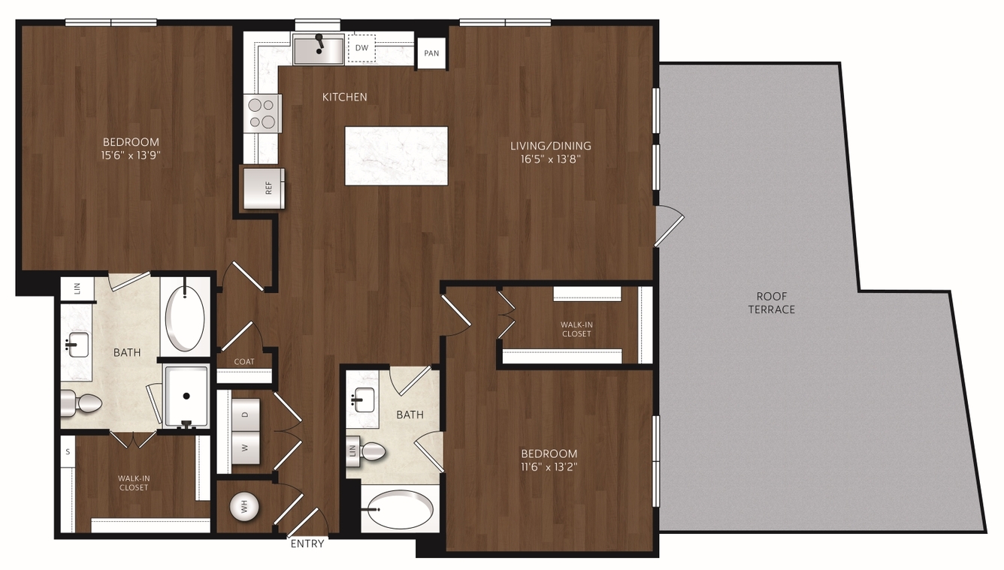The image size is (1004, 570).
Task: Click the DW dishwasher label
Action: coord(361,47)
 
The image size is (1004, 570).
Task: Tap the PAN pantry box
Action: coord(431,53)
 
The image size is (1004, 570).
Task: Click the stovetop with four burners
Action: coord(262,113)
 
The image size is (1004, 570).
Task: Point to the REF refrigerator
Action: coord(264,188)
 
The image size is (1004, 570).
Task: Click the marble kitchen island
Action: coord(396,155)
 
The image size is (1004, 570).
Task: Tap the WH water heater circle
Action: coord(244,508)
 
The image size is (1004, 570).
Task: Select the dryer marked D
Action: coord(246,415)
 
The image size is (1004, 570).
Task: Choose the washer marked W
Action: coord(246,448)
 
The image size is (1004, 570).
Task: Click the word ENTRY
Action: coord(307,544)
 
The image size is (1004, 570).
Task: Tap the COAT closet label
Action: coord(244,361)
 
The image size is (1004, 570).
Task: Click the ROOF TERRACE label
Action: coord(771,303)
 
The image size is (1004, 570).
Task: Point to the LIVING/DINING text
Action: coord(551,146)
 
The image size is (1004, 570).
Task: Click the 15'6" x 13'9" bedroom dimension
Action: coord(131,155)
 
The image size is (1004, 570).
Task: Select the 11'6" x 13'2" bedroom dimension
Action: coord(549,467)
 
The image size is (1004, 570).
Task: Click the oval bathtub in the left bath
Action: coord(185,318)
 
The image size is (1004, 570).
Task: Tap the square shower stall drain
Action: coord(186,396)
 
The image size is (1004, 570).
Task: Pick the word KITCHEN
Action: coord(345,97)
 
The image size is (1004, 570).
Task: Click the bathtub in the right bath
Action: coord(400,510)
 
